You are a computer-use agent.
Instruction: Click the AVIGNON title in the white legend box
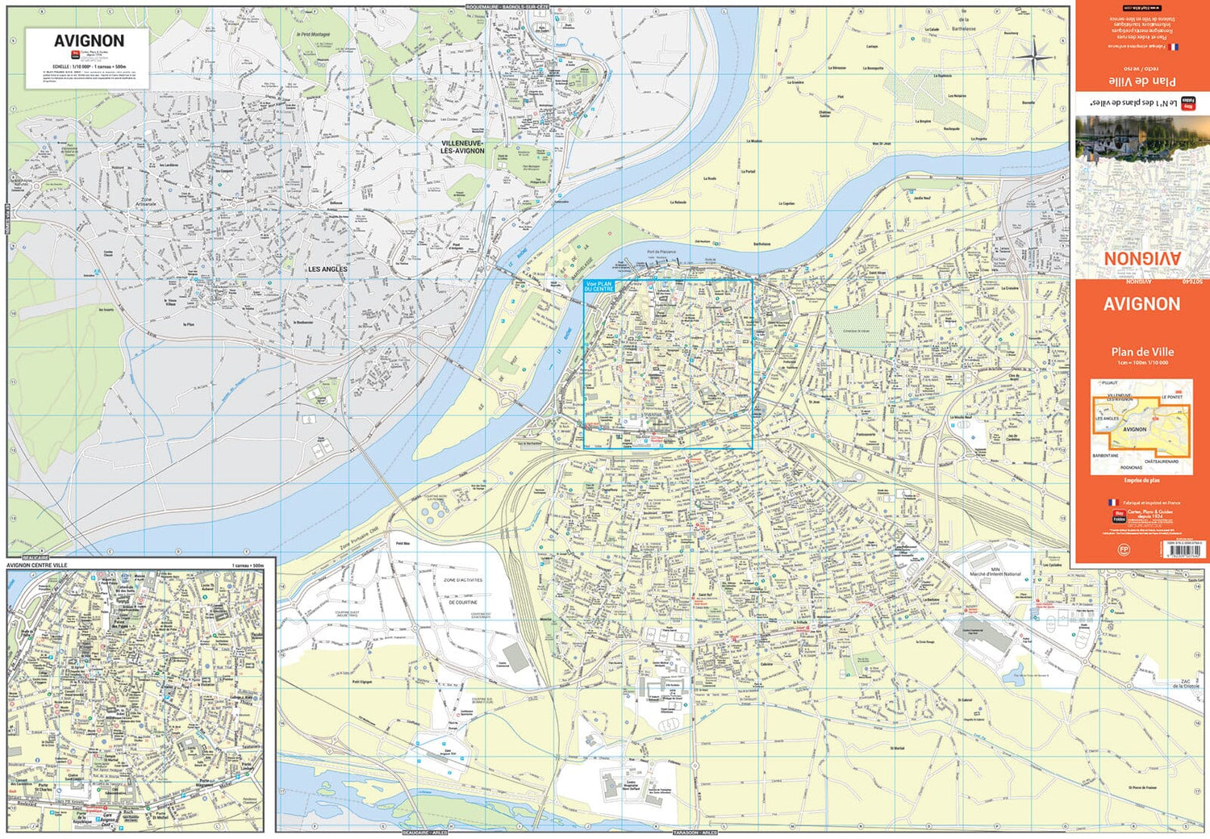tap(89, 41)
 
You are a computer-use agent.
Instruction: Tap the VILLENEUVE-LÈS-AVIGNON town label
tap(462, 147)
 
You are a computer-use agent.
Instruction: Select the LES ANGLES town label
tap(328, 269)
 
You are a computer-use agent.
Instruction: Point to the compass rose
tap(1037, 56)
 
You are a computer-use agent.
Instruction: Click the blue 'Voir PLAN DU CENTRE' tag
tap(599, 286)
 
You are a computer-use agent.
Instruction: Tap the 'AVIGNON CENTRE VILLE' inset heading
tap(37, 566)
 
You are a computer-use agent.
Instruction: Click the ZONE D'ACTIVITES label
tap(462, 580)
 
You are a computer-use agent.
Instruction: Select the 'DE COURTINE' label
tap(463, 603)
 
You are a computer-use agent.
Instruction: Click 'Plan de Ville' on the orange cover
tap(1141, 352)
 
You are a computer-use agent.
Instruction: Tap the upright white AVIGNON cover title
tap(1141, 304)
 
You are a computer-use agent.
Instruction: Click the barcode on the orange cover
tap(1183, 550)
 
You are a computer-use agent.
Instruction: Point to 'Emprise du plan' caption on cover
tap(1141, 480)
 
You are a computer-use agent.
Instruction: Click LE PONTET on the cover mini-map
tap(1171, 398)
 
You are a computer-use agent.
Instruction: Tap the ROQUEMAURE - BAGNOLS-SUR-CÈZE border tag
tap(507, 6)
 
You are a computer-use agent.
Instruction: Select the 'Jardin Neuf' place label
tap(922, 198)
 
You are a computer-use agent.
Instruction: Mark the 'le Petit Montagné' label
tap(313, 35)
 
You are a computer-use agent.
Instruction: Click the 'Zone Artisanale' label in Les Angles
tap(146, 202)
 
